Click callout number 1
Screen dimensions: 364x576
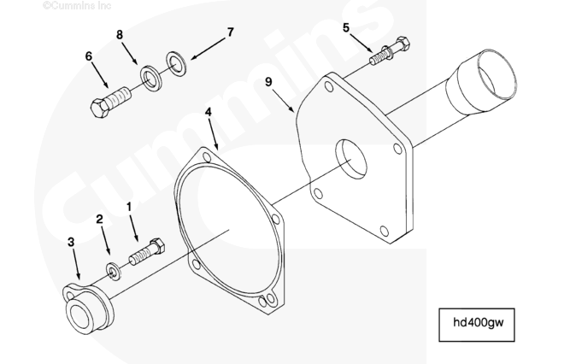point(129,206)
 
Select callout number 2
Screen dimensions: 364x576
point(100,220)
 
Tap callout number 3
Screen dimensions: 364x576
point(71,243)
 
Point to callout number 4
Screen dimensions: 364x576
point(209,113)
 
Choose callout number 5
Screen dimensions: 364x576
point(346,27)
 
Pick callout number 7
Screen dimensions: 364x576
point(229,32)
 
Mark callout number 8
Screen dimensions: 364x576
point(120,35)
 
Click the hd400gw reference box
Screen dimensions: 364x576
point(477,323)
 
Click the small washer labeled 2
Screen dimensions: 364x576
point(113,271)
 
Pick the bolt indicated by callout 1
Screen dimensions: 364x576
point(146,253)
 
